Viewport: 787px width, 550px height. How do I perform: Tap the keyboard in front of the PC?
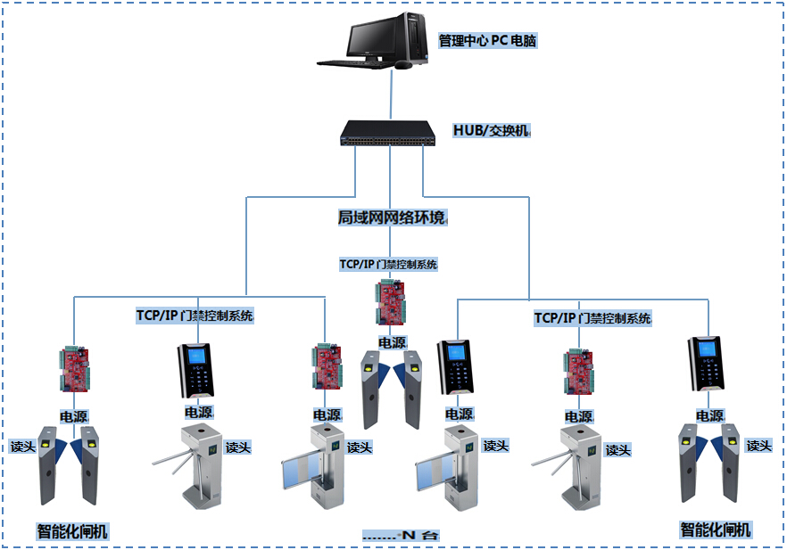click(351, 63)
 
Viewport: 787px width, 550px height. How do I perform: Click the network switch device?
click(389, 135)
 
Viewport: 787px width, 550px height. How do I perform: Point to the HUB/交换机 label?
click(491, 130)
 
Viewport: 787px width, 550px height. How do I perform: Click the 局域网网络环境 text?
click(391, 218)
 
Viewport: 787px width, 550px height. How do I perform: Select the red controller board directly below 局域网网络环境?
click(390, 304)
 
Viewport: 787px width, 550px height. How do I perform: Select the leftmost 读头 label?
click(23, 446)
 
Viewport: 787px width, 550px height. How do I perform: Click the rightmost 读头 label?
click(758, 445)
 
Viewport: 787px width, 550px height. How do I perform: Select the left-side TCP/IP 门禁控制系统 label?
click(194, 316)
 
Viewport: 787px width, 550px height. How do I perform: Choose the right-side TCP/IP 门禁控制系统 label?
click(592, 318)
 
